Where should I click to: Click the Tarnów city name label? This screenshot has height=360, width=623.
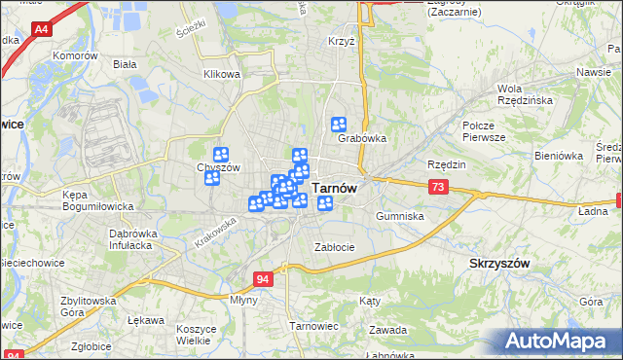coord(335,190)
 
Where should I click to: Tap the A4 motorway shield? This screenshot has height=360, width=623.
coord(42,31)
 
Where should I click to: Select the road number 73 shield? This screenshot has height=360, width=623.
coord(438,186)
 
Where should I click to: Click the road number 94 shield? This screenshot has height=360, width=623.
coord(263,278)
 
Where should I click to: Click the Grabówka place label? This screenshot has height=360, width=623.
coord(362,138)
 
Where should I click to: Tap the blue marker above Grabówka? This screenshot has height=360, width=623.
coord(339,124)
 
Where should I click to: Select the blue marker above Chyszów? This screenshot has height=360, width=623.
coord(221,154)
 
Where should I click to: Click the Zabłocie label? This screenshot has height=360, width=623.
coord(334,247)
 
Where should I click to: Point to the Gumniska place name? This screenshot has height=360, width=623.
coord(400,215)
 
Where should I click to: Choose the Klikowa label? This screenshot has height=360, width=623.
coord(221,74)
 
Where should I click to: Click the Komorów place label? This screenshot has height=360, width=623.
coord(78,55)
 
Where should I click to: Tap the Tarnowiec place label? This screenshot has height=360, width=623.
coord(312,326)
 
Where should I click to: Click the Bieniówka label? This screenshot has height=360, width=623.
coord(559,155)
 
